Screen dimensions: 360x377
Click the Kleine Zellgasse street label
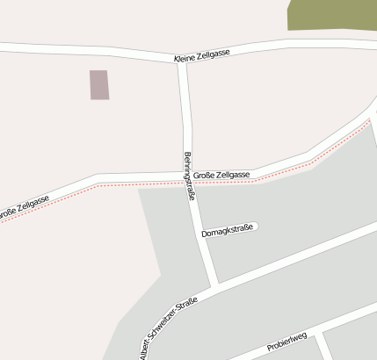pyautogui.click(x=202, y=54)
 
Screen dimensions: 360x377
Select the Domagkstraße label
pyautogui.click(x=227, y=232)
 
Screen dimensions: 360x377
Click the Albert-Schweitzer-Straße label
pyautogui.click(x=168, y=326)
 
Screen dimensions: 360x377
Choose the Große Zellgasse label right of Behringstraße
pyautogui.click(x=221, y=175)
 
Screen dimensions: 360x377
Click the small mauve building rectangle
pyautogui.click(x=99, y=84)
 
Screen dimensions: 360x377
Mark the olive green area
pyautogui.click(x=332, y=15)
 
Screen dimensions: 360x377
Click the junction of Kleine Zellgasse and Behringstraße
pyautogui.click(x=181, y=61)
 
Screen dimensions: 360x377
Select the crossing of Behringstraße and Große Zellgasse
pyautogui.click(x=186, y=176)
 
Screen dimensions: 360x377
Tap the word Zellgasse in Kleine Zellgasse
pyautogui.click(x=214, y=54)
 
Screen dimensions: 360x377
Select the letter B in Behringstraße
pyautogui.click(x=186, y=155)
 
